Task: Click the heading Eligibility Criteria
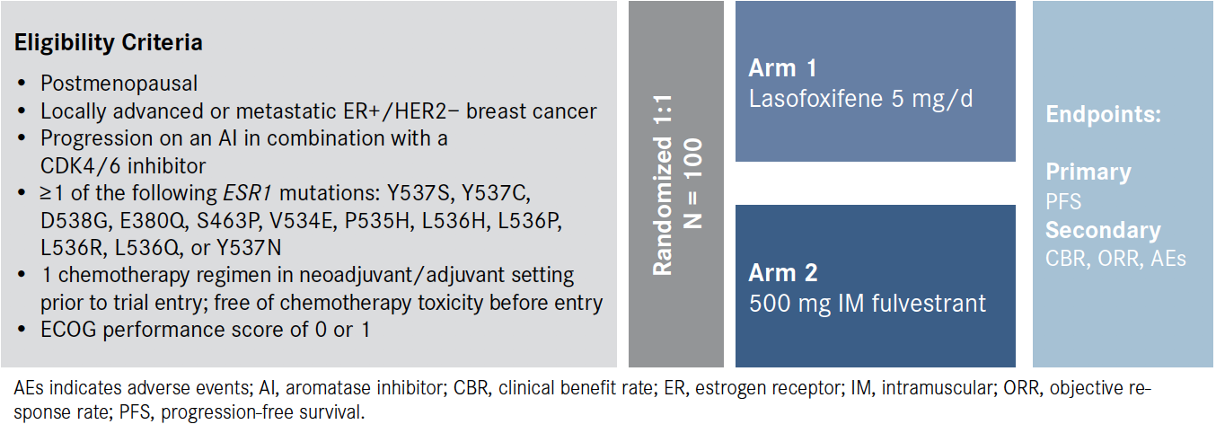[x=108, y=43]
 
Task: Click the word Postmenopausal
[x=119, y=84]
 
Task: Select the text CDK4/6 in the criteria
[x=80, y=166]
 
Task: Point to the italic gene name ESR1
[x=246, y=193]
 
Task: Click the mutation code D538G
[x=76, y=220]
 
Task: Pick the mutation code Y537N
[x=249, y=248]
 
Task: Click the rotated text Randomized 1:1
[x=663, y=185]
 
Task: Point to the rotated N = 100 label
[x=693, y=183]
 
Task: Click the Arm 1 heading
[x=782, y=68]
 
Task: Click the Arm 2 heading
[x=783, y=272]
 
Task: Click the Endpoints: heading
[x=1103, y=115]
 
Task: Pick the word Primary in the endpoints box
[x=1088, y=172]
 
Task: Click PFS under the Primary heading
[x=1063, y=202]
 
